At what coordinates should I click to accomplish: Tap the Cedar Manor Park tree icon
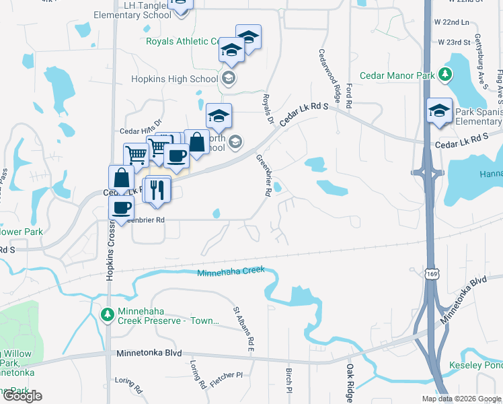coord(444,75)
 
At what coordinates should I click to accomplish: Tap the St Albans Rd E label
coord(243,330)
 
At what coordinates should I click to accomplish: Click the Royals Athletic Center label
coord(183,41)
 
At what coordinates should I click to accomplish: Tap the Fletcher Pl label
coord(225,376)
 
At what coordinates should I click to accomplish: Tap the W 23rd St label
coord(454,42)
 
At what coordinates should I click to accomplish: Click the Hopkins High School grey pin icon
coord(229,78)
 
